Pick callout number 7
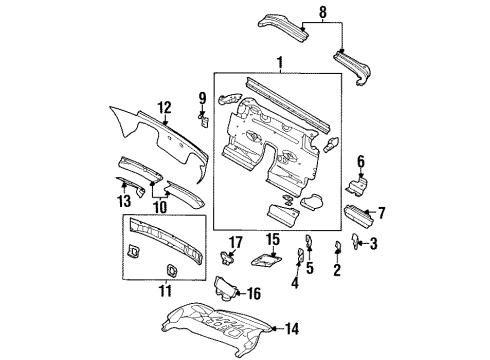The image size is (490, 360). pyautogui.click(x=380, y=211)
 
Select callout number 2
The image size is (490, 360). pyautogui.click(x=336, y=269)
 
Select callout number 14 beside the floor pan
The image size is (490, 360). pyautogui.click(x=292, y=327)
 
